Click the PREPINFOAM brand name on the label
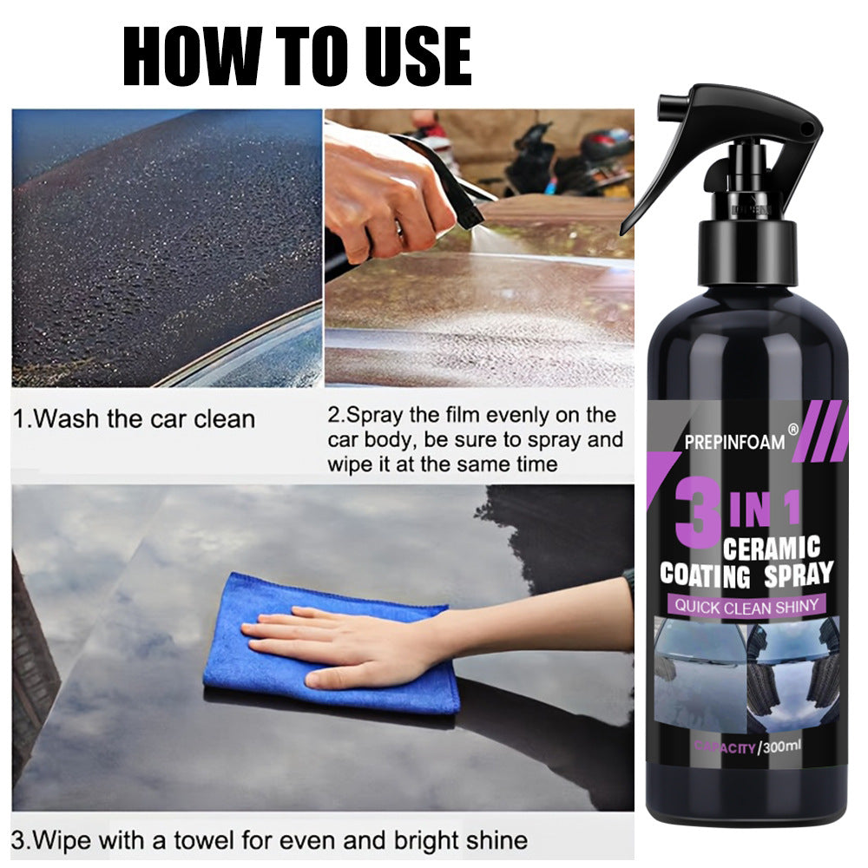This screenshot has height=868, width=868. tap(734, 442)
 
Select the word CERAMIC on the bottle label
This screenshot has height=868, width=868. tap(771, 549)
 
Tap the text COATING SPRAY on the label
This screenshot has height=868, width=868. tap(746, 574)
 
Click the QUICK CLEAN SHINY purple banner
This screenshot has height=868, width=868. tap(746, 606)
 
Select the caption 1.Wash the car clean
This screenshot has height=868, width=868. tap(135, 419)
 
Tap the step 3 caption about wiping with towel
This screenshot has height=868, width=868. tap(270, 840)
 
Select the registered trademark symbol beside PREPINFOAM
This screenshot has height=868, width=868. tap(791, 428)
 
